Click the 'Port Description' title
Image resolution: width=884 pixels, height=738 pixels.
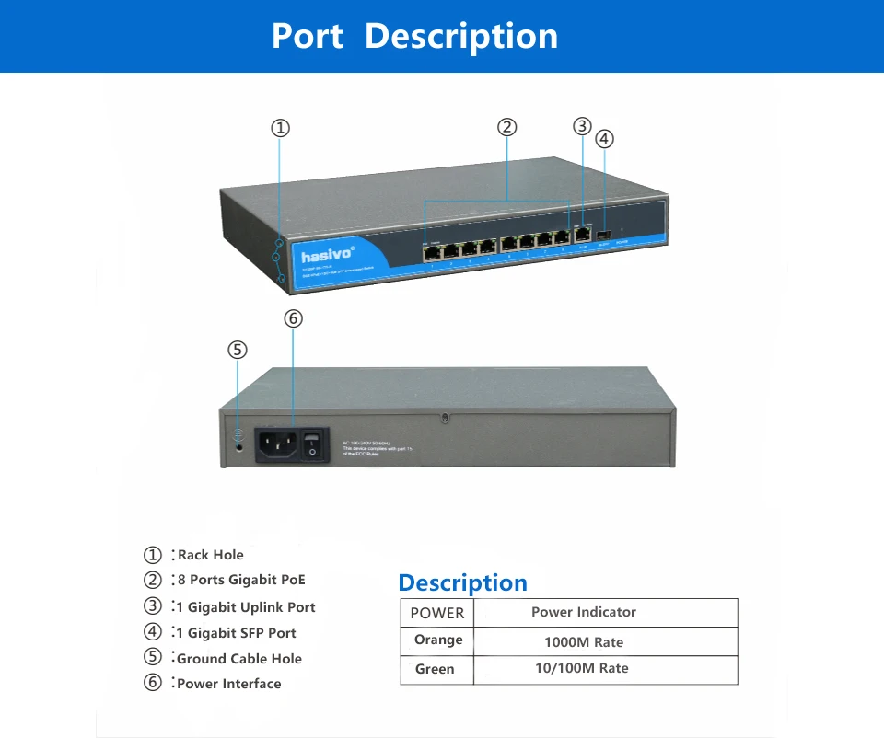414,36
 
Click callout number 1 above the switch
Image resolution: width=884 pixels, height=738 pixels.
281,128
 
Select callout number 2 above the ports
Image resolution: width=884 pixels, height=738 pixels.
506,127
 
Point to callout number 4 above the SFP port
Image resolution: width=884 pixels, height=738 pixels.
604,139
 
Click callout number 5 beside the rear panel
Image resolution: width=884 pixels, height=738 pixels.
238,350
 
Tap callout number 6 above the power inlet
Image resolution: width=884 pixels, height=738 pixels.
293,318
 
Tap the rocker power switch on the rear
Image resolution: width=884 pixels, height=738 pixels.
314,444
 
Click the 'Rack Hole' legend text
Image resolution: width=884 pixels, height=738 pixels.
210,555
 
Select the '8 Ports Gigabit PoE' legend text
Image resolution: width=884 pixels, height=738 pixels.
240,580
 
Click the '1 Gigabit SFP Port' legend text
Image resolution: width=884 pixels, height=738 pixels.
236,633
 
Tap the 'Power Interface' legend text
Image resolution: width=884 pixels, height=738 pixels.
228,684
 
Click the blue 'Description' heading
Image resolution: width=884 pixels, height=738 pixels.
462,583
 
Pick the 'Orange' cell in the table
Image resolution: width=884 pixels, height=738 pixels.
437,640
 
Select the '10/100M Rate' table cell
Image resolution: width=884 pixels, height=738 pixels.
581,668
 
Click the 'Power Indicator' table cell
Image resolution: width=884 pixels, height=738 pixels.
583,612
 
